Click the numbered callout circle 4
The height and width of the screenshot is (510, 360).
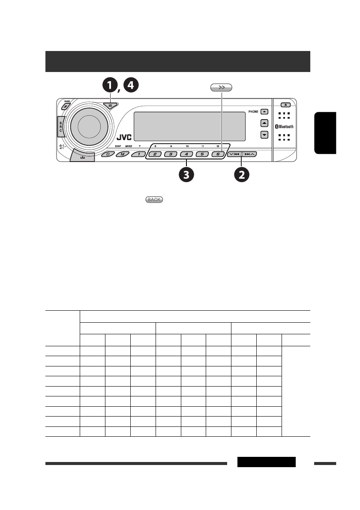coord(131,86)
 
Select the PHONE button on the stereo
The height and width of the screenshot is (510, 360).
coord(264,111)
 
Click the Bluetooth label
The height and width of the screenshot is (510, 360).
coord(284,127)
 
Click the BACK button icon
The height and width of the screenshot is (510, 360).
coord(155,200)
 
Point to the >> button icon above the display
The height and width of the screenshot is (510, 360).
coord(221,87)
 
